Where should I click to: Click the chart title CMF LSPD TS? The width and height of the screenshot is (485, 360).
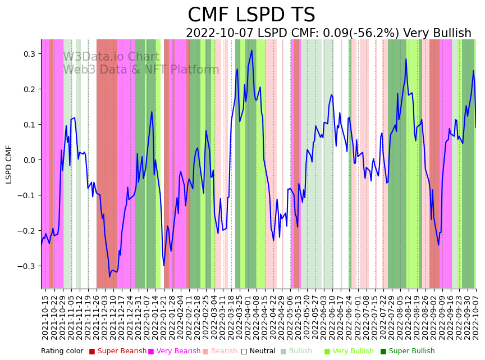(x=251, y=15)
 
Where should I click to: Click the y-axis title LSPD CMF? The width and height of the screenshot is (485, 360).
(x=9, y=164)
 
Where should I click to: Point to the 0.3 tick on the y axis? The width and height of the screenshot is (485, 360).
(x=29, y=54)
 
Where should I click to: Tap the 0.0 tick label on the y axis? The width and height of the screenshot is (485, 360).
(x=29, y=160)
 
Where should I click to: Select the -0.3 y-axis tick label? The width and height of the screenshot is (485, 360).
(x=26, y=266)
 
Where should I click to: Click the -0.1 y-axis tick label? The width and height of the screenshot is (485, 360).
(x=26, y=195)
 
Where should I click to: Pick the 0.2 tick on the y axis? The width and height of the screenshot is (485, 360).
(x=29, y=89)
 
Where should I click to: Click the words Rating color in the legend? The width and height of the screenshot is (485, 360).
(x=62, y=352)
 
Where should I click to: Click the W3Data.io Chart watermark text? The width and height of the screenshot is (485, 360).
(x=111, y=57)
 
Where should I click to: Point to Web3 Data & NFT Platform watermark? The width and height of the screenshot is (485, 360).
(x=141, y=70)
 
